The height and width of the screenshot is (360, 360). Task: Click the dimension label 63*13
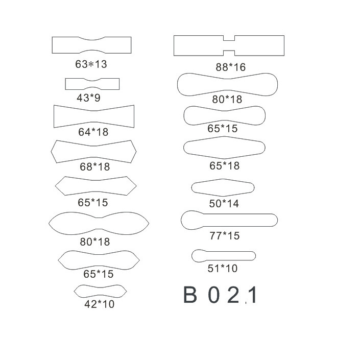pos(91,64)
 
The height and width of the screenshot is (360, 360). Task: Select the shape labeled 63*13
pos(91,45)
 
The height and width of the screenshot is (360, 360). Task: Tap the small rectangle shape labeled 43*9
pos(92,84)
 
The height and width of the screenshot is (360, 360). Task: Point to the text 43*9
pos(89,98)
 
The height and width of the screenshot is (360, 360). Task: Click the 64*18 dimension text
pos(93,132)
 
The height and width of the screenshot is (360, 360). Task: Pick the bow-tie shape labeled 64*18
pos(94,116)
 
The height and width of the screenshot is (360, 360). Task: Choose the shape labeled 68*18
pos(93,152)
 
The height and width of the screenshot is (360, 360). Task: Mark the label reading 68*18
pos(95,166)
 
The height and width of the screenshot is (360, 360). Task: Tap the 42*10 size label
pos(100,304)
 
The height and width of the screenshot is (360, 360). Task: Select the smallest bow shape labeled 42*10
pos(100,292)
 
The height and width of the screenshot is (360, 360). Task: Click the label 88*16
pos(231,67)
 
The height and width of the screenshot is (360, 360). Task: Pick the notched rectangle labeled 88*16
pos(229,45)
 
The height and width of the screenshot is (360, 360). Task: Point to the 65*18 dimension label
pos(225,166)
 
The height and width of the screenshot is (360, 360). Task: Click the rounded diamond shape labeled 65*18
pos(224,148)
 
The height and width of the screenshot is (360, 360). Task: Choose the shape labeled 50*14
pos(223,187)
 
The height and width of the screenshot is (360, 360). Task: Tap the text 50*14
pos(224,204)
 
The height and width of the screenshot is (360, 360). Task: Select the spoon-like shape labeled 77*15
pos(229,220)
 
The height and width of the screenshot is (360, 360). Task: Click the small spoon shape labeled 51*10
pos(224,256)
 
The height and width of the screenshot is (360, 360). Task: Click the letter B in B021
pos(190,295)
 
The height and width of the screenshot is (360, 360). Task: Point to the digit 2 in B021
pos(233,295)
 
